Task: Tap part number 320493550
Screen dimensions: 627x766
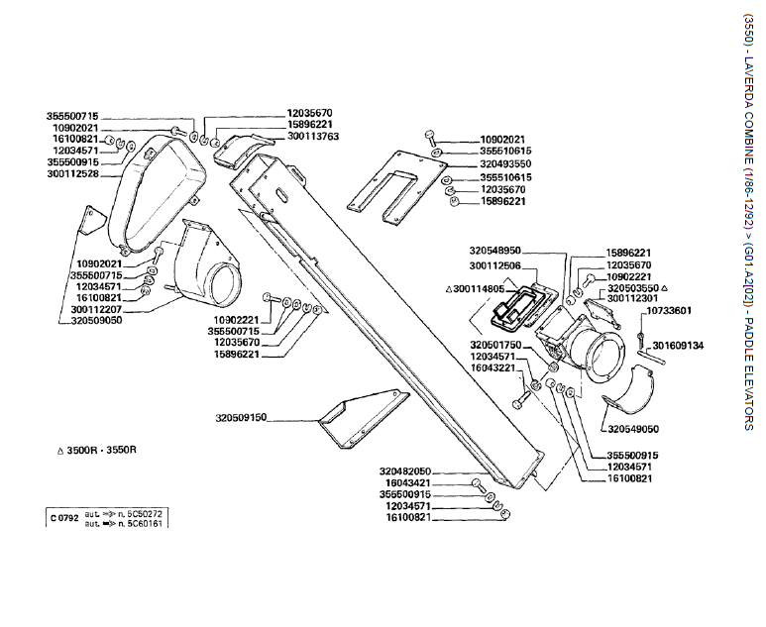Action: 506,164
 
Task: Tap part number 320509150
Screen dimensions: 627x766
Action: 241,419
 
